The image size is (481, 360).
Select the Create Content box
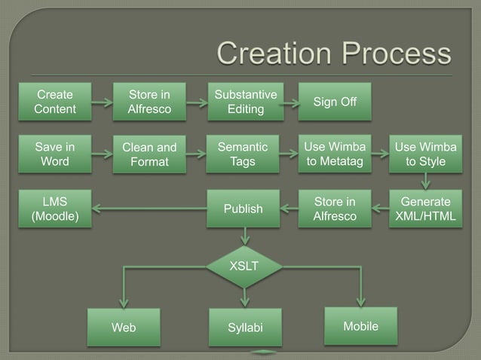(x=55, y=102)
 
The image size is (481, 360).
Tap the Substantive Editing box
(x=245, y=102)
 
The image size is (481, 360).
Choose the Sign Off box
(x=335, y=102)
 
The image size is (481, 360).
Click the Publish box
(x=242, y=208)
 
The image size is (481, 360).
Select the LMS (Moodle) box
(x=55, y=208)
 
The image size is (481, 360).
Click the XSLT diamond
(x=244, y=266)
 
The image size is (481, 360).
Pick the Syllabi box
(x=244, y=328)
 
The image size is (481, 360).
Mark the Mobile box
(x=360, y=325)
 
